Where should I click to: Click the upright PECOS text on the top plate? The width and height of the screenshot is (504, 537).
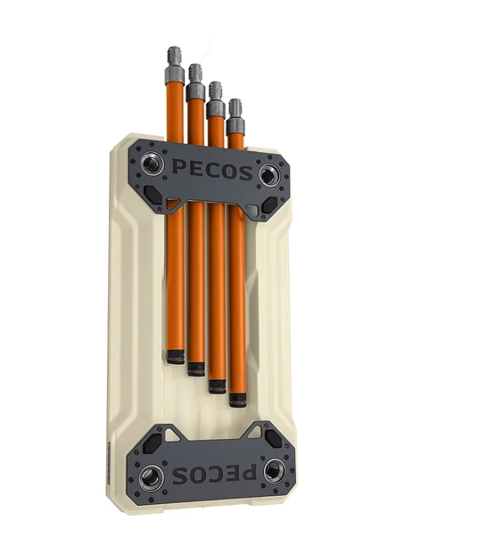212,170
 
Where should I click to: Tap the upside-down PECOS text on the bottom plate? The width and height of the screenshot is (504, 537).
214,474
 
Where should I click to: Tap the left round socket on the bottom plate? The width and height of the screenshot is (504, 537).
151,476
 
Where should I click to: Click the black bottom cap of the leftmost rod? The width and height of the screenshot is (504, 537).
176,356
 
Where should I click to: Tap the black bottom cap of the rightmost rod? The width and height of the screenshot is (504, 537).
238,400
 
